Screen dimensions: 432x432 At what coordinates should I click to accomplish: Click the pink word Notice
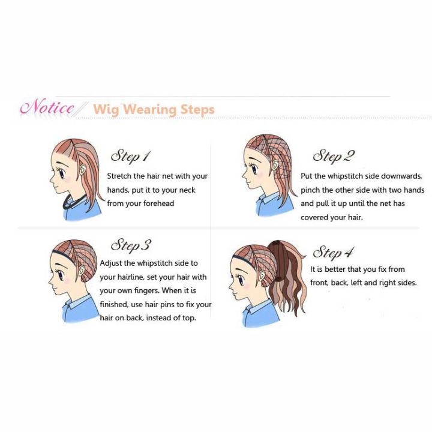(x=47, y=108)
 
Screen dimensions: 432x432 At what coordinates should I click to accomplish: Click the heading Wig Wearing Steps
(x=154, y=110)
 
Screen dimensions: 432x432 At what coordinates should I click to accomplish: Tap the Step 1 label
(x=130, y=156)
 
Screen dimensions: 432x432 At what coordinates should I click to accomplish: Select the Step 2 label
(x=334, y=156)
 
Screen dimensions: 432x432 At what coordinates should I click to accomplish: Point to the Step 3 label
(x=131, y=245)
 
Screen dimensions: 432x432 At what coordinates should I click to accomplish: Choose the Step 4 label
(x=333, y=252)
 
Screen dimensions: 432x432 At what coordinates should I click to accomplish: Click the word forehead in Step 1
(x=157, y=203)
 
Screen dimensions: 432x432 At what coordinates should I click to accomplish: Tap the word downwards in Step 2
(x=403, y=176)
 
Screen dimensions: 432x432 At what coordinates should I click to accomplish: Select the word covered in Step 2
(x=316, y=217)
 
